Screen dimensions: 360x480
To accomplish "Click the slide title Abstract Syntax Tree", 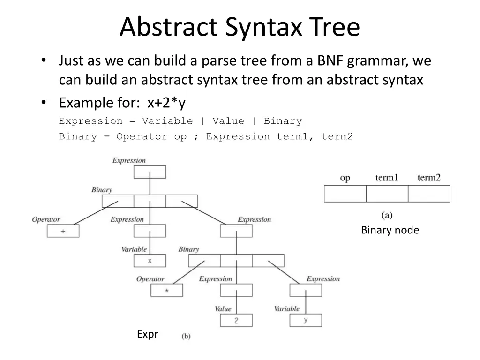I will point(240,27).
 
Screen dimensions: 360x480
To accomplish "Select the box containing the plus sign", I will point(63,231).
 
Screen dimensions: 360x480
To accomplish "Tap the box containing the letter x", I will point(150,261).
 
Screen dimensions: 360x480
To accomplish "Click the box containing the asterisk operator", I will point(166,291).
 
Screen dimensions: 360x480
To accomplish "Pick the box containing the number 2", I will point(236,321).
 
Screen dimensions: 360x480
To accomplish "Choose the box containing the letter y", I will point(306,320).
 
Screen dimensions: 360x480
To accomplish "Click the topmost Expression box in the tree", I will point(150,172).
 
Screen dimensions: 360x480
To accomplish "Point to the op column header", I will point(345,178).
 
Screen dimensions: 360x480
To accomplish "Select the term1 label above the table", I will point(387,178).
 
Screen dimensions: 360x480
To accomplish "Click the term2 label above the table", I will point(429,178).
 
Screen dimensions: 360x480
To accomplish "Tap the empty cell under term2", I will point(429,194).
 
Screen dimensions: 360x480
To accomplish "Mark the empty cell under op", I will point(345,194).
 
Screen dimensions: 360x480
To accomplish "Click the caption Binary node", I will point(390,230).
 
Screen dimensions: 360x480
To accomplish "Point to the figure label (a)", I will point(387,215).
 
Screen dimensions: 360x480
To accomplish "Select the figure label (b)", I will point(186,336).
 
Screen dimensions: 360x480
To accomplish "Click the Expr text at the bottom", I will point(148,334).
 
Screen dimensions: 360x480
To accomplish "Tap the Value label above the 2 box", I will point(223,309).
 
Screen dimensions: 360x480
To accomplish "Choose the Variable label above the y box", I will point(286,308).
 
